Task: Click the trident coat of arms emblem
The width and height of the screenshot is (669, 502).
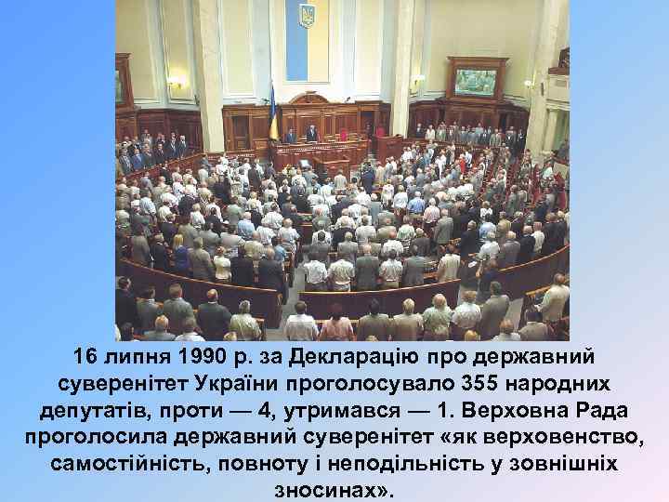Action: [x=306, y=15]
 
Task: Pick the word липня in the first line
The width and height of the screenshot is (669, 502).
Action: [x=131, y=358]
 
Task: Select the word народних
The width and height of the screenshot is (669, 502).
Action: [x=567, y=384]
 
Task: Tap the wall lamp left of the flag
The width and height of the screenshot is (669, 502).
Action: [x=175, y=83]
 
